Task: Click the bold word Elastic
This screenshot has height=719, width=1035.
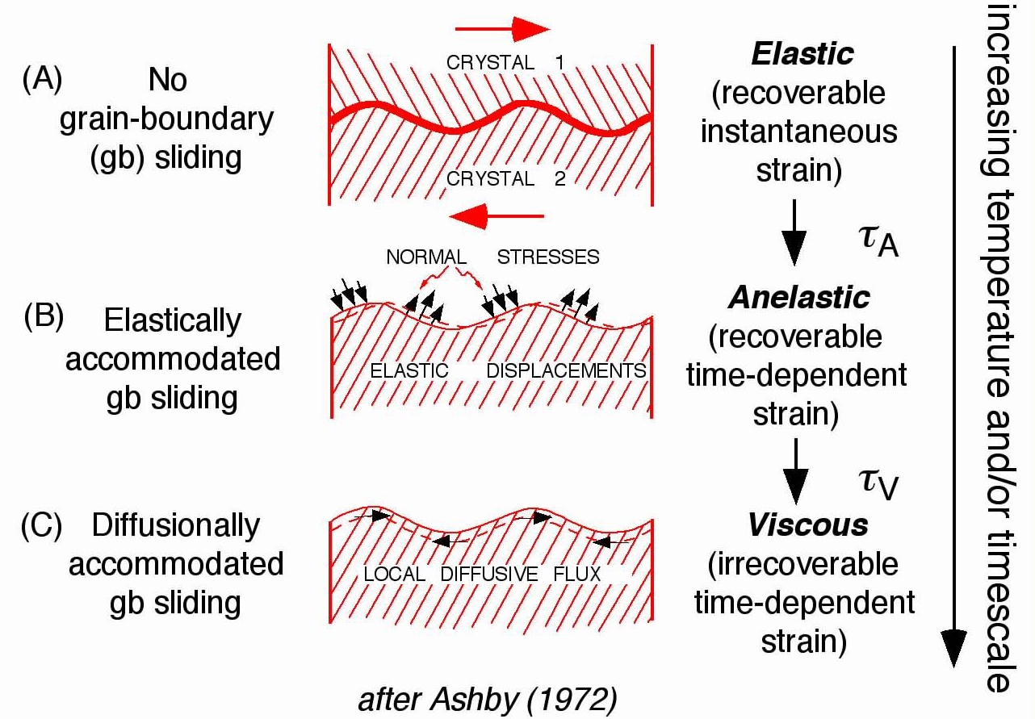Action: pos(802,54)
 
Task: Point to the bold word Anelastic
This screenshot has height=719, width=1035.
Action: pos(799,298)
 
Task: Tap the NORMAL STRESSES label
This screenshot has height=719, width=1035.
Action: pos(492,257)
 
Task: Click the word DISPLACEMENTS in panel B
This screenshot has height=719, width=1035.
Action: pos(566,370)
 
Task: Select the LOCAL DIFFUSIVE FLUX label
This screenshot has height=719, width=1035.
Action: pos(483,574)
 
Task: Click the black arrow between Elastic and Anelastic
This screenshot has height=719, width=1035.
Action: pos(795,232)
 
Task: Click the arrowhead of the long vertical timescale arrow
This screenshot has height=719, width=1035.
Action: pos(954,646)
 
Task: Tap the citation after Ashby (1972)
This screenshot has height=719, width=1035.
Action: pos(495,698)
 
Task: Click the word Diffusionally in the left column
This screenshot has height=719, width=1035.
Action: pos(176,525)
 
